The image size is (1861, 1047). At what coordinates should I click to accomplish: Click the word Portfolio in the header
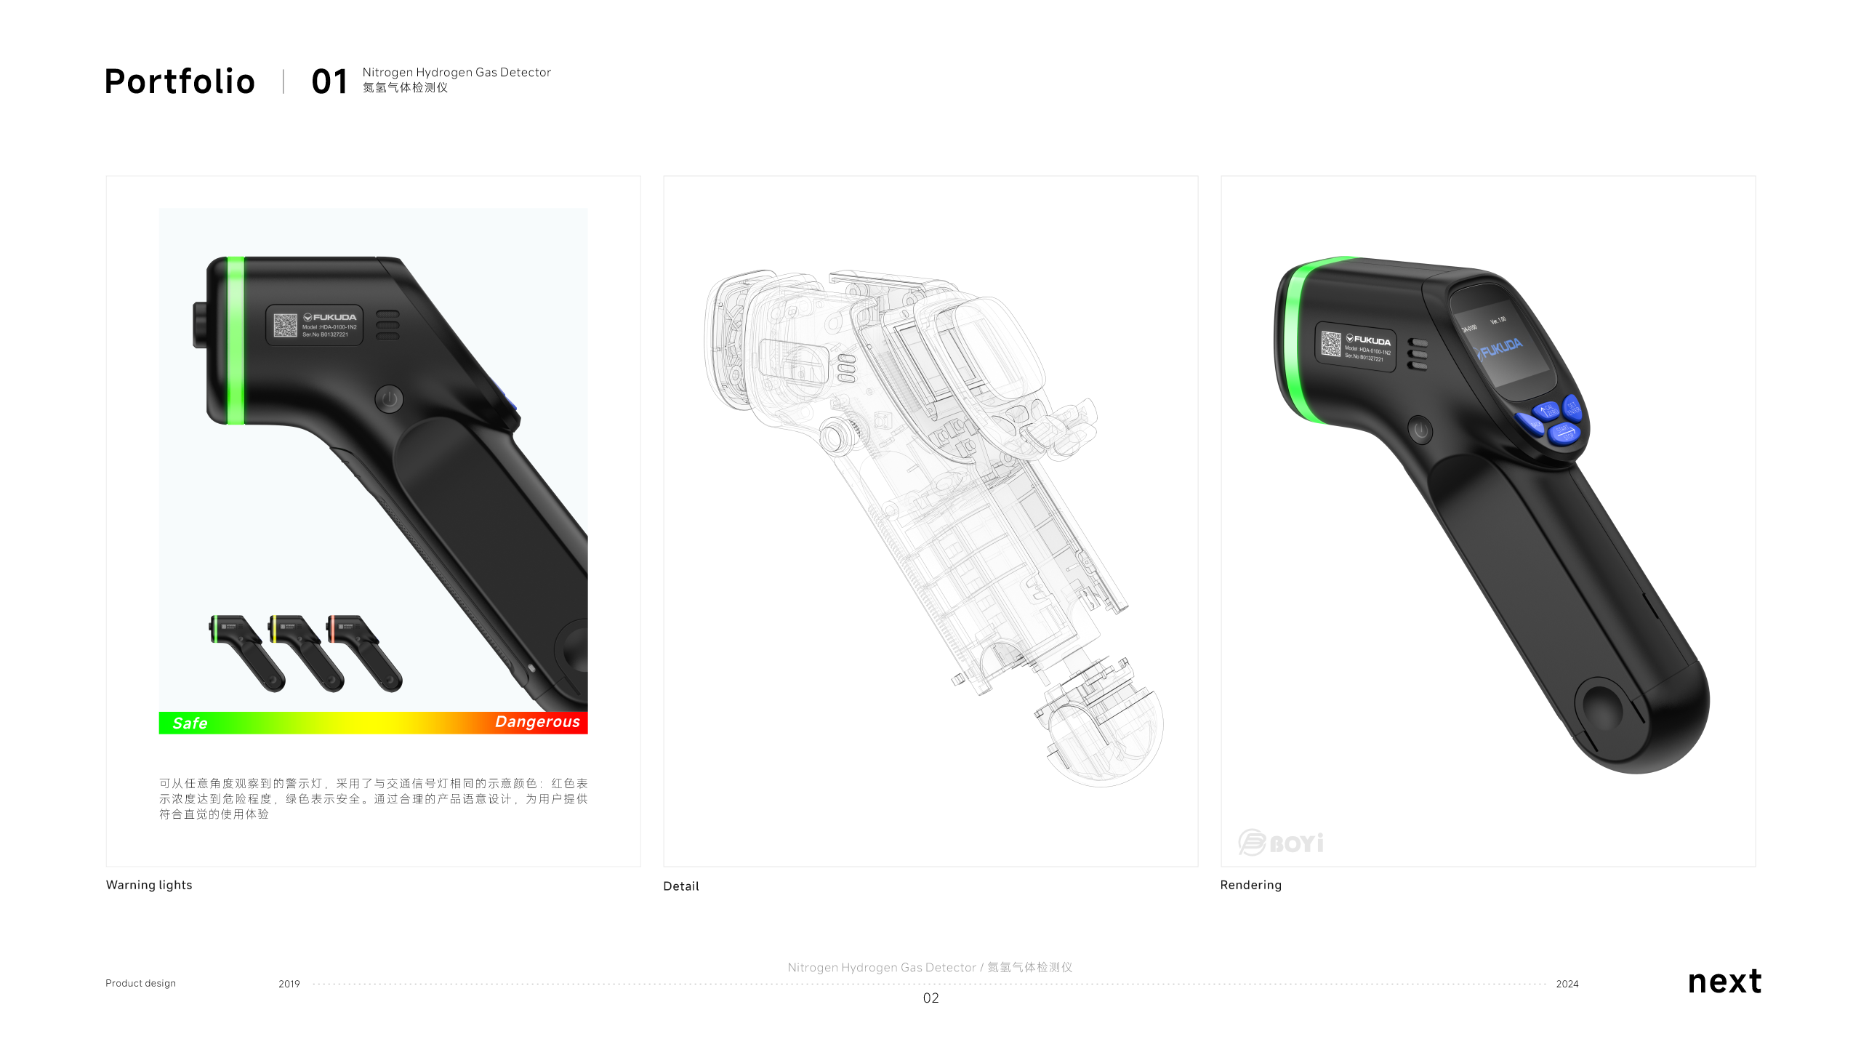click(x=180, y=81)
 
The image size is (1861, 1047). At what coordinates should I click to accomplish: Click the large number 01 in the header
click(x=329, y=81)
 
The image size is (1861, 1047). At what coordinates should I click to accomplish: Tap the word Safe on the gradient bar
click(x=190, y=723)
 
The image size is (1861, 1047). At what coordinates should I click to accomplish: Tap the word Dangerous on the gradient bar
click(x=537, y=722)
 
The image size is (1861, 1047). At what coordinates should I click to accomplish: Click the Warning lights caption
click(x=149, y=885)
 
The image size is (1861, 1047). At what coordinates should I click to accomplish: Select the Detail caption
click(x=680, y=886)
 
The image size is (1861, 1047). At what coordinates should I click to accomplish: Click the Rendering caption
click(x=1250, y=885)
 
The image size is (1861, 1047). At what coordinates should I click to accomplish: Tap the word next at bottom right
click(x=1724, y=982)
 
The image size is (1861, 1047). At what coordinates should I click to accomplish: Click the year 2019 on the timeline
click(x=289, y=984)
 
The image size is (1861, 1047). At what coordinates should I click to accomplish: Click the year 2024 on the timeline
click(x=1567, y=984)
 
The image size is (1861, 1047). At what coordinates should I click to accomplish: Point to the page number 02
click(x=930, y=998)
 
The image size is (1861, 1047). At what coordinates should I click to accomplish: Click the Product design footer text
click(x=140, y=983)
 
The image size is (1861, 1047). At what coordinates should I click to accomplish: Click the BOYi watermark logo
click(x=1281, y=843)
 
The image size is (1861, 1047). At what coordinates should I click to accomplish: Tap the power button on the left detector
click(x=390, y=398)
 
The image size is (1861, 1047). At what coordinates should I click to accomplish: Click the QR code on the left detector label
click(x=285, y=325)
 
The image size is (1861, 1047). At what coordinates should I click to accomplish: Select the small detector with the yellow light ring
click(x=305, y=651)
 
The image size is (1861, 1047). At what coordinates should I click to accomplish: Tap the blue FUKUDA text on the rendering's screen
click(x=1500, y=348)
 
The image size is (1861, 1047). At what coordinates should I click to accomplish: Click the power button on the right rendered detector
click(x=1420, y=430)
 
